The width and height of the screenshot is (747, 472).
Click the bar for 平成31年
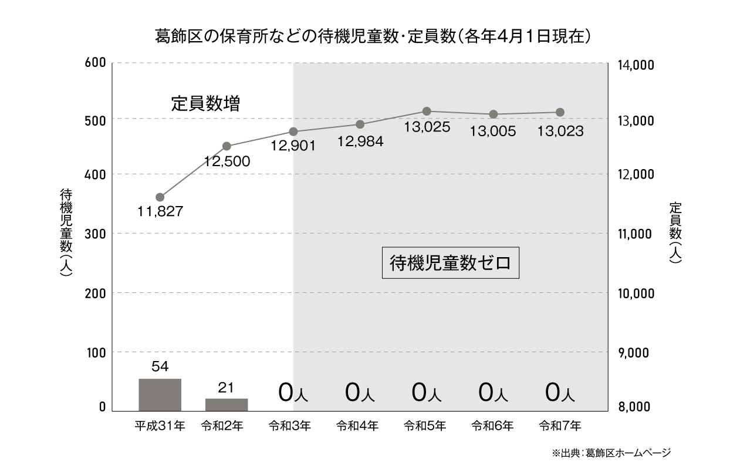coord(160,395)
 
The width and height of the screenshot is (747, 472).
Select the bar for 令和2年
coord(227,404)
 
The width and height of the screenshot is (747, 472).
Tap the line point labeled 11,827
coord(160,197)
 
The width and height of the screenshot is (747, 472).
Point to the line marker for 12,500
coord(227,146)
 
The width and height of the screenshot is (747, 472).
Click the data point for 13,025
coord(427,111)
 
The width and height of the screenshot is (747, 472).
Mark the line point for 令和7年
coord(560,112)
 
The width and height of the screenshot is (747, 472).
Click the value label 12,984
coord(360,141)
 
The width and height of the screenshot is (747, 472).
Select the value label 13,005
coord(493,132)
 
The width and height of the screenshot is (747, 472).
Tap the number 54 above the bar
coord(160,367)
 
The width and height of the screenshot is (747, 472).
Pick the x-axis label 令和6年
coord(493,426)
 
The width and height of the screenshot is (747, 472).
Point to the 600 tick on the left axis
coord(94,63)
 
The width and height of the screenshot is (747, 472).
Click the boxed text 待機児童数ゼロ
coord(451,262)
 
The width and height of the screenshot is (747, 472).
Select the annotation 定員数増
coord(205,104)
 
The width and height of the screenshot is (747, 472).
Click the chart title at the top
coord(372,37)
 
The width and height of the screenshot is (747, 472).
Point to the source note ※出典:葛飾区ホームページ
coord(610,453)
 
